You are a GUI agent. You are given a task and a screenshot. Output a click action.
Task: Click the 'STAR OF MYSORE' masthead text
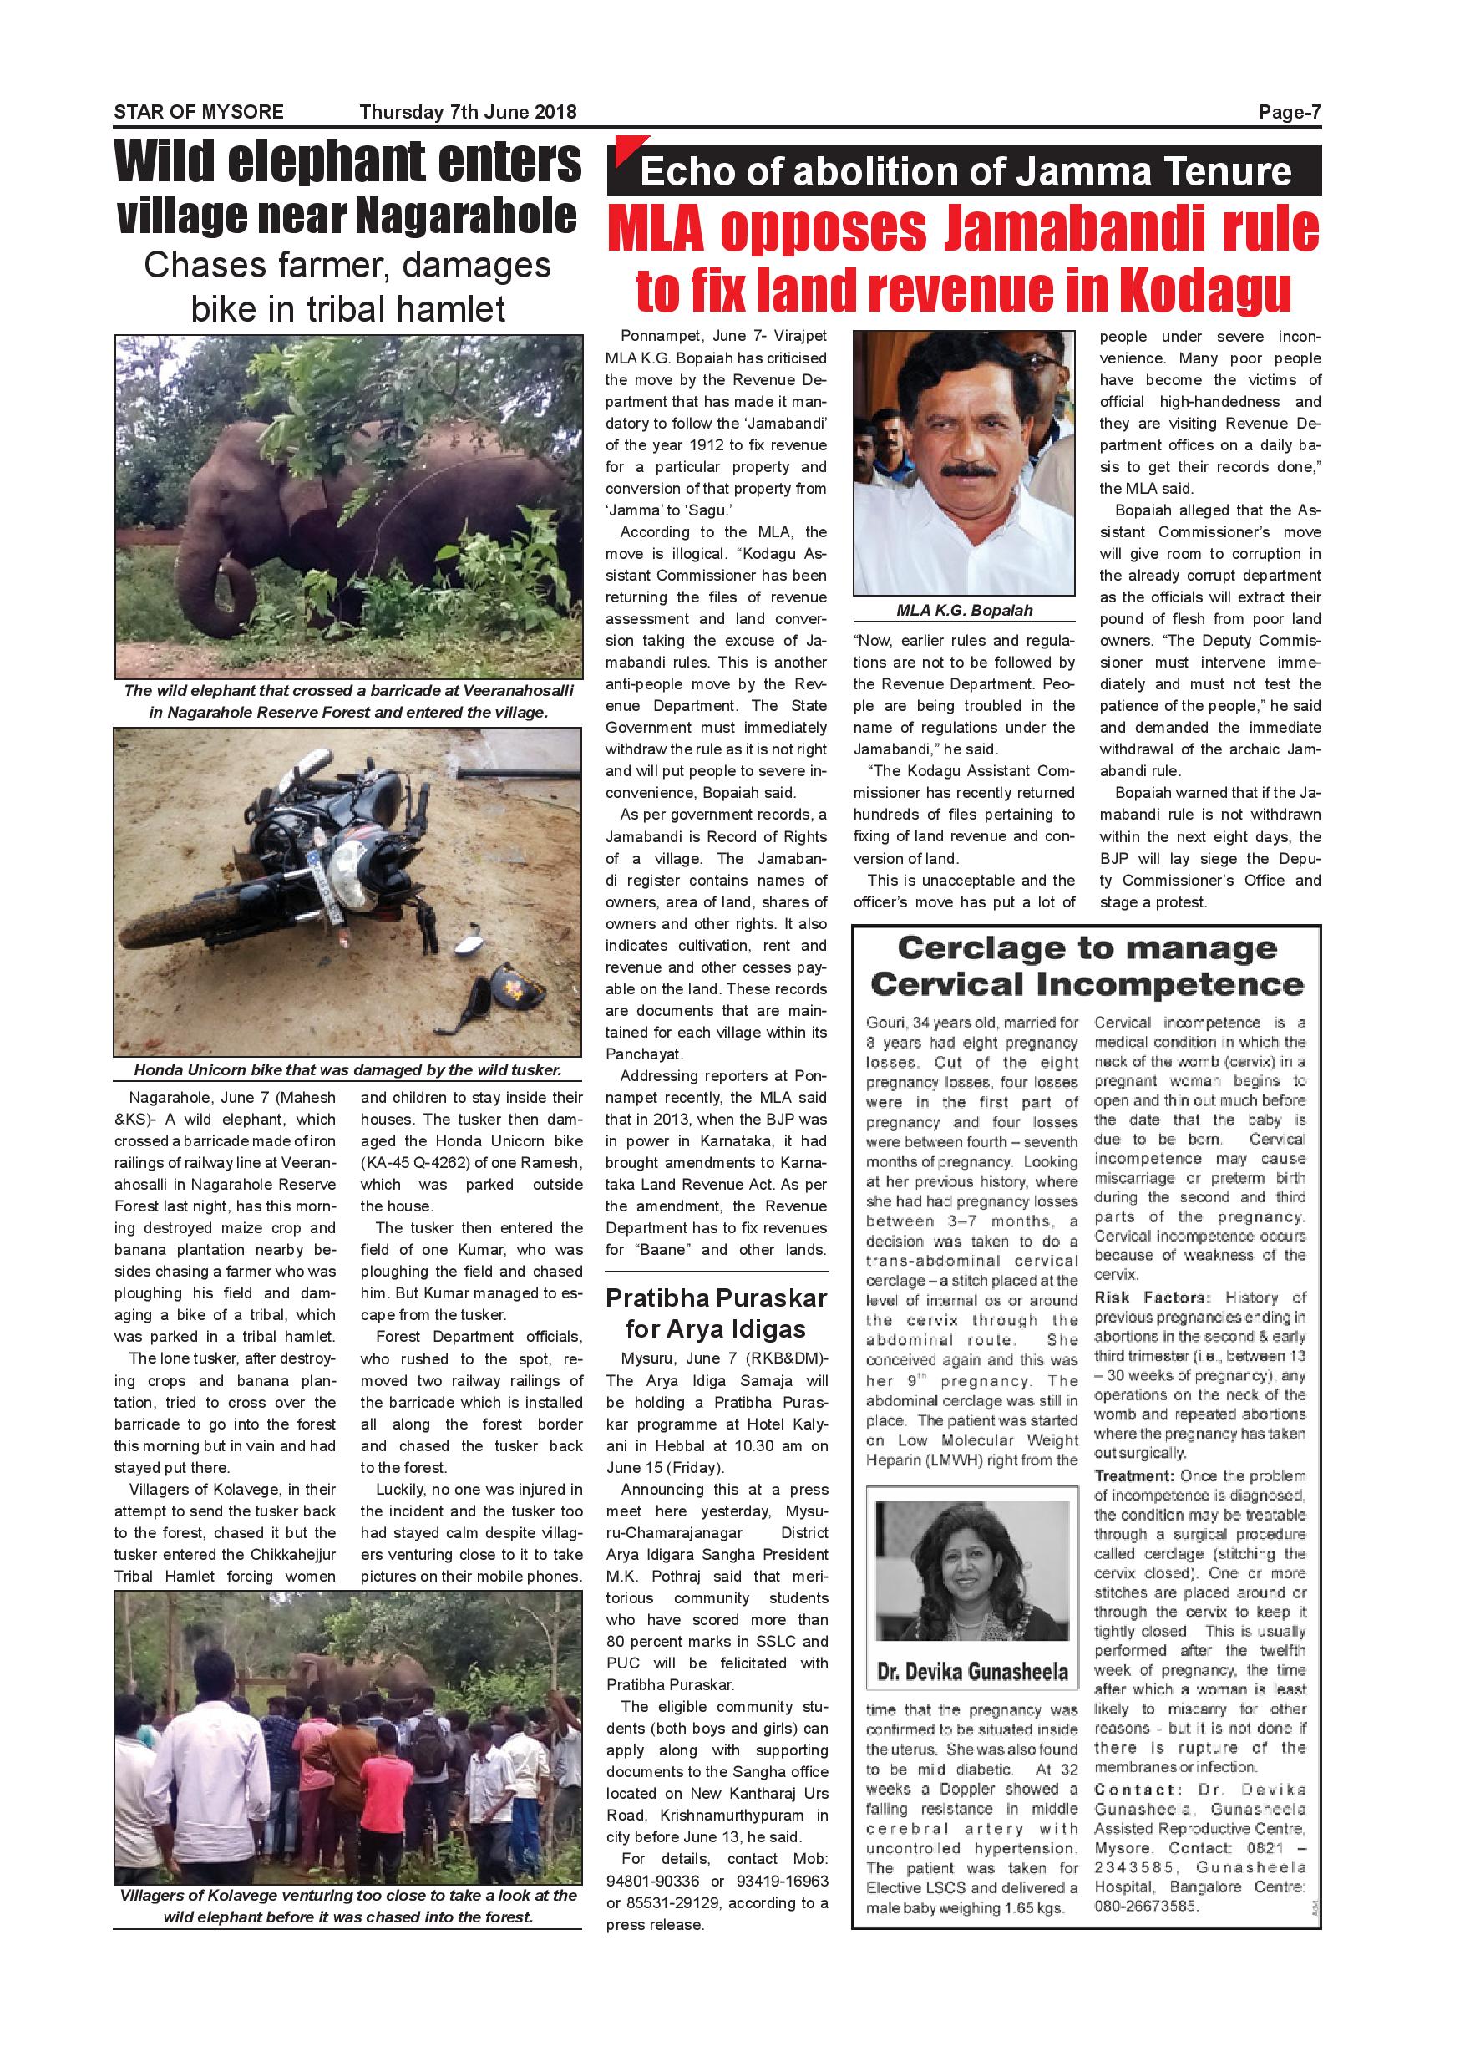click(x=199, y=112)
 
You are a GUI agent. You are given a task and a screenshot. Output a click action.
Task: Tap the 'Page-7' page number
click(x=1290, y=112)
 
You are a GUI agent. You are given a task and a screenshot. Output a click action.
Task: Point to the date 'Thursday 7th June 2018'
click(x=467, y=112)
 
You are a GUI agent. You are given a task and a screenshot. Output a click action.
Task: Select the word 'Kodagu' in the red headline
click(x=1206, y=290)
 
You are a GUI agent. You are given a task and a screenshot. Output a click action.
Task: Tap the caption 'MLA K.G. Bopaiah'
click(x=963, y=611)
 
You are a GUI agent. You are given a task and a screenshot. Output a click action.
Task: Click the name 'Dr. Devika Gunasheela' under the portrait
click(x=971, y=1672)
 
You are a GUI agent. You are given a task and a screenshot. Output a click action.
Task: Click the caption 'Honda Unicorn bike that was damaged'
click(x=347, y=1070)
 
